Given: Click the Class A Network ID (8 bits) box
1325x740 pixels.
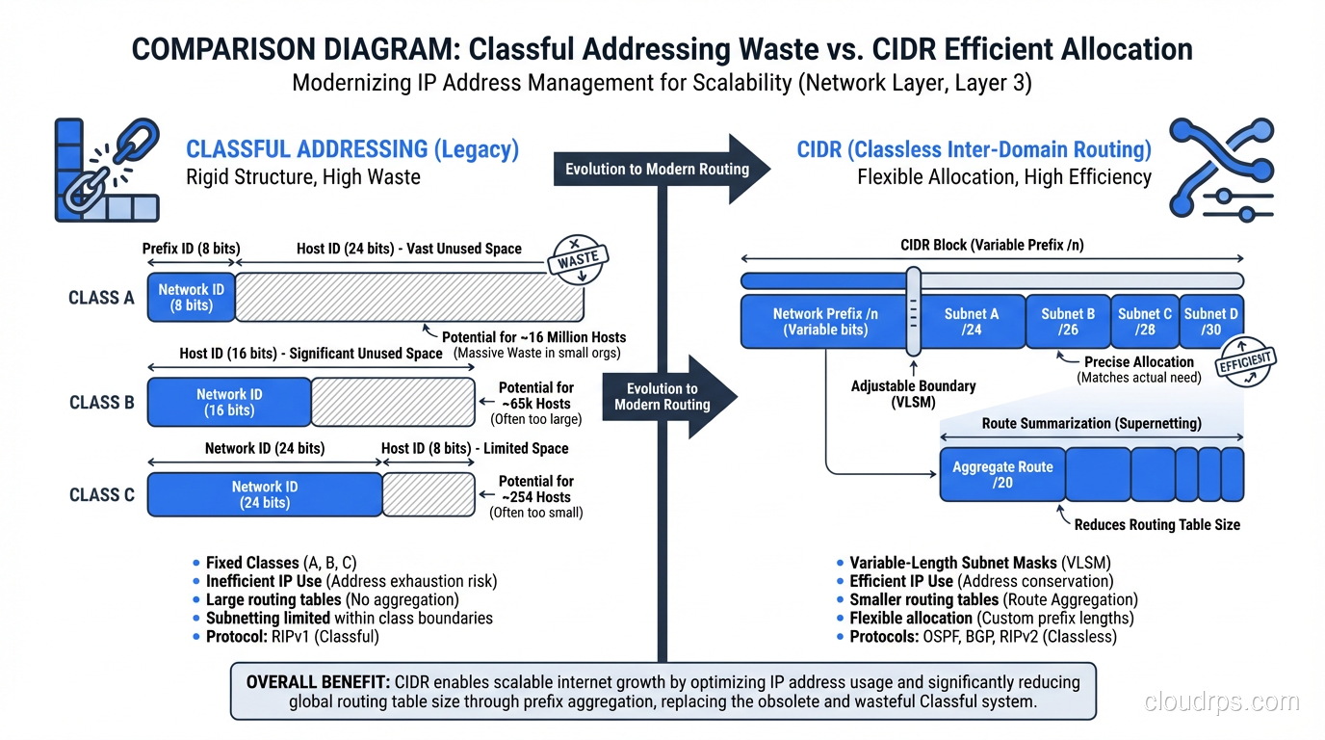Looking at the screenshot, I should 191,297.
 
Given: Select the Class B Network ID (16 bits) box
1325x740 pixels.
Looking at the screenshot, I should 229,402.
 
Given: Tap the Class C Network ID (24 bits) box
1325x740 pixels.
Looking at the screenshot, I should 265,494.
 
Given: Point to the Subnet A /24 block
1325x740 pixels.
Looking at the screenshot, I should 971,321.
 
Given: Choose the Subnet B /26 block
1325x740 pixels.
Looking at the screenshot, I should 1068,321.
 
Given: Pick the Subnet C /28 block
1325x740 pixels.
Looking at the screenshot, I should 1144,321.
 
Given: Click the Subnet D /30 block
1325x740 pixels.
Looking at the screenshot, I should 1211,321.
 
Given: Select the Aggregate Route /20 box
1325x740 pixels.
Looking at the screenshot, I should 1002,474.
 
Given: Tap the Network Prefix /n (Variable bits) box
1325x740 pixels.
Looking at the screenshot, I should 824,321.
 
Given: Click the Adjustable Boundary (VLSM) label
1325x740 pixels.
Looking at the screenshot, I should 913,393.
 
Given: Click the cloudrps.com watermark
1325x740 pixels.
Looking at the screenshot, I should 1221,701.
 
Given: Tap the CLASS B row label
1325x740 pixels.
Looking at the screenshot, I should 102,403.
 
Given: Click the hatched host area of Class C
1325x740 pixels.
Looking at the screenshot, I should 429,494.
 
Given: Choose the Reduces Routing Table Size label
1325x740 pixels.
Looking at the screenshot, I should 1156,525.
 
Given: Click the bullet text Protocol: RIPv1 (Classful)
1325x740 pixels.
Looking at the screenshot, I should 293,637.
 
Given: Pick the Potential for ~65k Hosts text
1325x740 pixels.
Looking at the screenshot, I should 535,396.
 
